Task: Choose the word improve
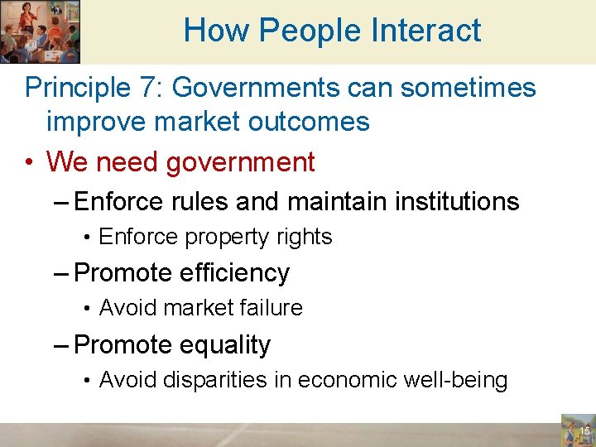pos(95,122)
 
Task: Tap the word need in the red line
pos(128,161)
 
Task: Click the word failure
pos(269,308)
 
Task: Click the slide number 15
pos(584,431)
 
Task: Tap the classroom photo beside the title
pos(40,31)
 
